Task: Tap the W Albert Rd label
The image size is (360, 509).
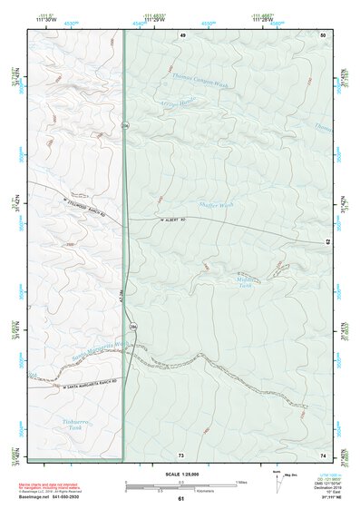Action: (172, 219)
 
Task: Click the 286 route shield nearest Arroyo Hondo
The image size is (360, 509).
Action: (125, 125)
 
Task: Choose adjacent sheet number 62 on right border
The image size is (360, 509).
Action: (327, 243)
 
